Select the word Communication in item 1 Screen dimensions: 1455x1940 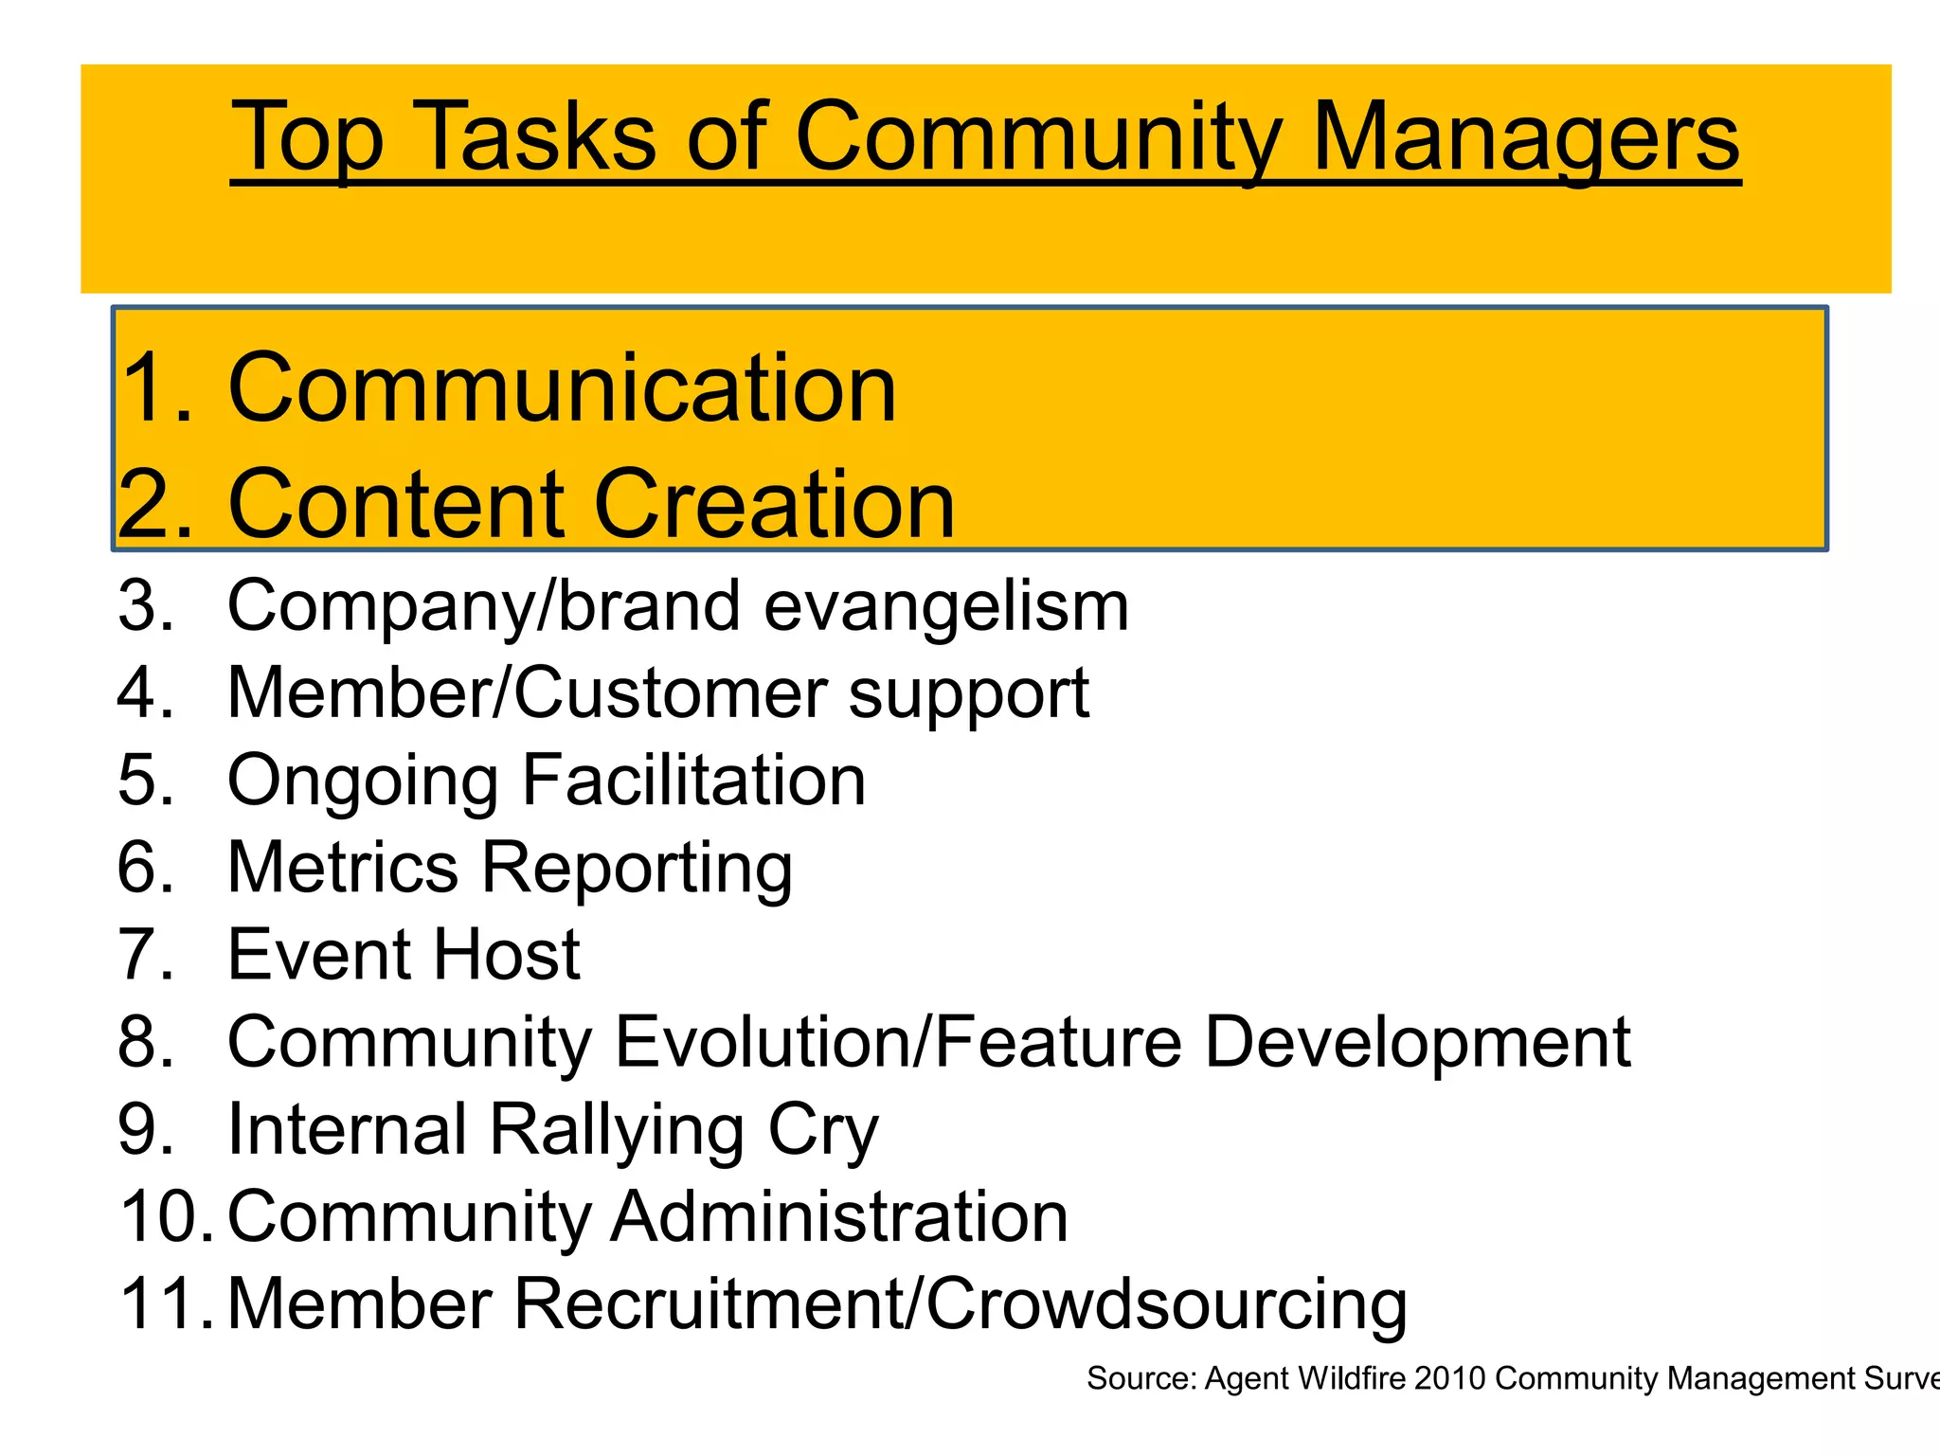click(x=562, y=388)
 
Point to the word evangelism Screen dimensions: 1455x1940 click(x=946, y=607)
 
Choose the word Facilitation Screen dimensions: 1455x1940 click(x=693, y=781)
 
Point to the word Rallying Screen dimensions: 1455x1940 click(x=617, y=1130)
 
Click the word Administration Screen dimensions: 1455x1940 click(x=839, y=1216)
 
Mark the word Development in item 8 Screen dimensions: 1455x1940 click(x=1417, y=1042)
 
